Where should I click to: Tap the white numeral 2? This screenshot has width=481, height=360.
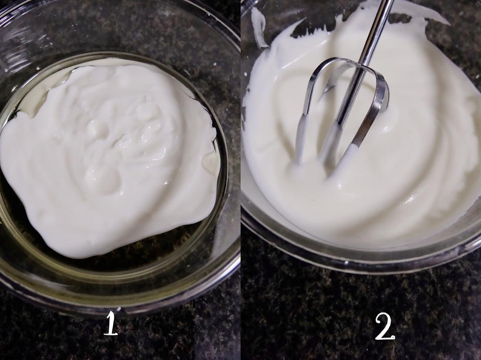[x=385, y=327]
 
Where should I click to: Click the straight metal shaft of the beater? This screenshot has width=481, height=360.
[x=372, y=34]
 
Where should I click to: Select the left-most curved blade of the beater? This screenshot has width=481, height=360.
[x=310, y=101]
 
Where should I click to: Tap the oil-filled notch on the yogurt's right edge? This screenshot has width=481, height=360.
[x=211, y=161]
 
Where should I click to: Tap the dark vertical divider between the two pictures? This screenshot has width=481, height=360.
[x=240, y=180]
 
